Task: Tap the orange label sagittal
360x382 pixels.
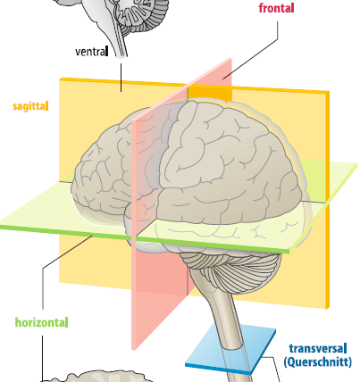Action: (31, 106)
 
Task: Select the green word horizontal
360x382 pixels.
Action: (41, 320)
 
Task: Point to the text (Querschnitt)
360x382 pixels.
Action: (318, 362)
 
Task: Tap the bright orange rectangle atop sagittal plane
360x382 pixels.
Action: (211, 92)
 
